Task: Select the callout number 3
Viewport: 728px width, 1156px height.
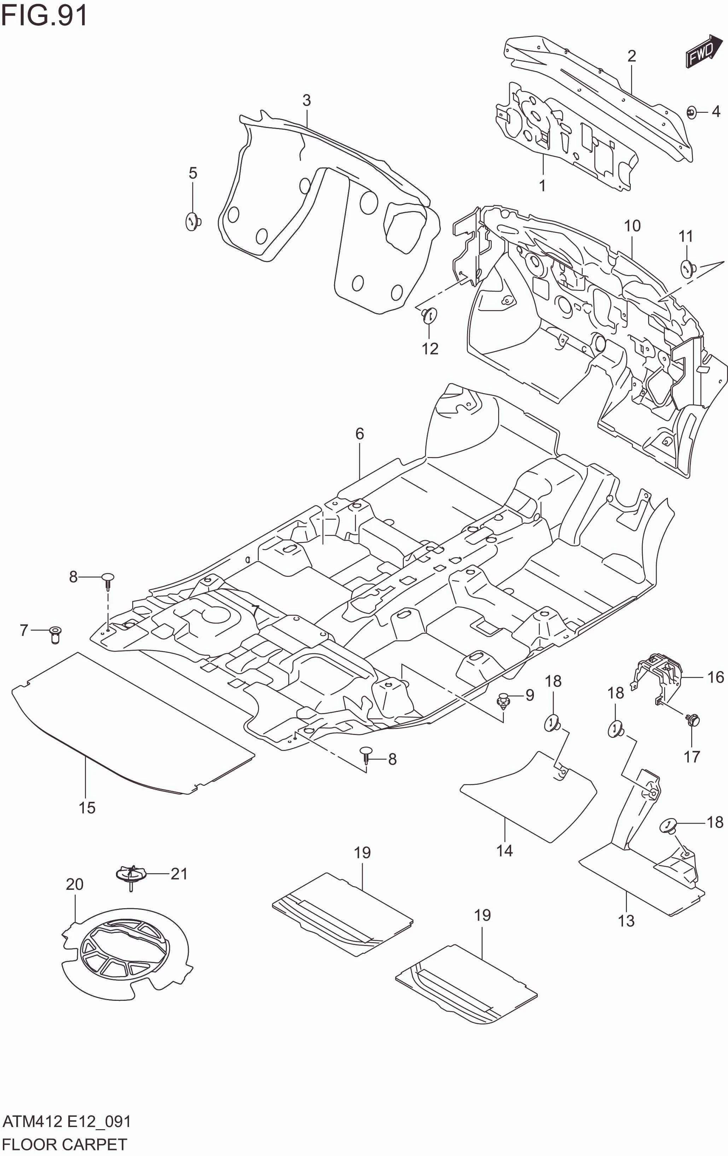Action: tap(307, 100)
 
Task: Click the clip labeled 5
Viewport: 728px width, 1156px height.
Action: tap(193, 222)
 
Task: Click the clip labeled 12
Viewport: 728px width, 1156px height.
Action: tap(429, 315)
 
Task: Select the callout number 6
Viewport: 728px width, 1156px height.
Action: tap(360, 434)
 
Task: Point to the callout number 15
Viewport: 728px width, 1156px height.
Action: tap(87, 807)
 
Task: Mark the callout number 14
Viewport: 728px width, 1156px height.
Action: tap(504, 851)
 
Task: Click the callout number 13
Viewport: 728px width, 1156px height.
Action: tap(626, 921)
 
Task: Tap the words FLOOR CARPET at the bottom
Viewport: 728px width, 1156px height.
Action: tap(64, 1144)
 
